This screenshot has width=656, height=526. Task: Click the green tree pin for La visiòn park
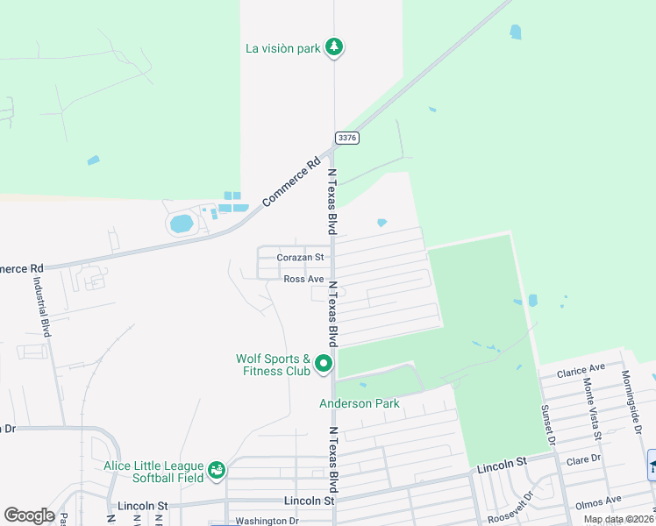[333, 47]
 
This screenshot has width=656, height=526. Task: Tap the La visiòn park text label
[283, 48]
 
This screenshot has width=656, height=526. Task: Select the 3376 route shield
[346, 138]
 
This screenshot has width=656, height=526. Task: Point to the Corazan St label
[301, 258]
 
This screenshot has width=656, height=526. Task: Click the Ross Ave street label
[303, 279]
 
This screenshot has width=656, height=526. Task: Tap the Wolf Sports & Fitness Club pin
[324, 363]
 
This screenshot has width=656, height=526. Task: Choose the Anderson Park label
[359, 404]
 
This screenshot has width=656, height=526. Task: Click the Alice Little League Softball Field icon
[216, 472]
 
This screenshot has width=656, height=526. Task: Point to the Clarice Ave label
[581, 369]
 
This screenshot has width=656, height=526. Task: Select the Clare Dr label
[584, 458]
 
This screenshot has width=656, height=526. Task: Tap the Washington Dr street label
[267, 521]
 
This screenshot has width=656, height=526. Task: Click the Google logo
[29, 515]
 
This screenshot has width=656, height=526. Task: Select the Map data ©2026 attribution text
[617, 519]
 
